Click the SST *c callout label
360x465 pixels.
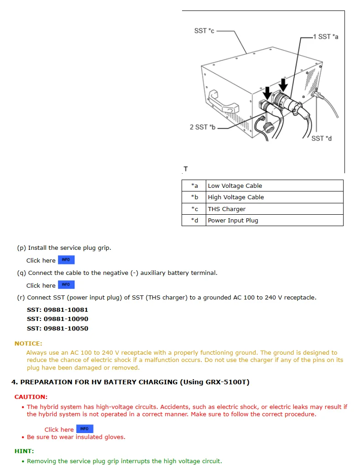[204, 31]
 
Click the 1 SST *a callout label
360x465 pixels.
[325, 36]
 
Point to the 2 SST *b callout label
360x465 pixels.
[202, 127]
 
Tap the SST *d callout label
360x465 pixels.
[321, 138]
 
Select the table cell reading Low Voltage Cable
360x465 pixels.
[235, 186]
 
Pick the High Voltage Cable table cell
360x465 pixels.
[235, 197]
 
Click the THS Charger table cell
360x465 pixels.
[226, 209]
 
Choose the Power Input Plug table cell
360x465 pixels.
[233, 220]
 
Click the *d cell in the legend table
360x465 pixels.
[194, 220]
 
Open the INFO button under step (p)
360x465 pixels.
[66, 260]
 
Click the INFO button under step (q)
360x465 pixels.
[66, 285]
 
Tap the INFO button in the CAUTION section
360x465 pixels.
[84, 429]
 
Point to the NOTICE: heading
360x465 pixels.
[28, 343]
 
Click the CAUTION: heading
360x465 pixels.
[31, 397]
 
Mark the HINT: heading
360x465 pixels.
[24, 451]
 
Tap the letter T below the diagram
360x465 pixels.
[186, 169]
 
